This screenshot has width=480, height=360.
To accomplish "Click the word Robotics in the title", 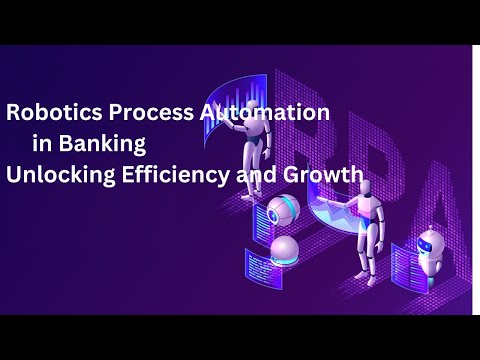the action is [x=54, y=112].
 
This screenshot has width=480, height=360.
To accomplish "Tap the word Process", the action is [x=151, y=112].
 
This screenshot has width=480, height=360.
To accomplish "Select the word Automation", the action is [x=265, y=112].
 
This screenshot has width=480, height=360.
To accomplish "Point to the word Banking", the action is [x=102, y=144].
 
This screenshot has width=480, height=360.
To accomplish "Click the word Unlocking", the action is [x=61, y=175].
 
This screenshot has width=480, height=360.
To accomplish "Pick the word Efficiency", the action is [x=176, y=175].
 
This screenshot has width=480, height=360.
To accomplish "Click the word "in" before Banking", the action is [x=42, y=143].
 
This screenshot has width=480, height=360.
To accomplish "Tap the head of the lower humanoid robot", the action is [x=366, y=188].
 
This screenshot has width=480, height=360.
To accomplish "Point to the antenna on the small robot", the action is [x=431, y=230].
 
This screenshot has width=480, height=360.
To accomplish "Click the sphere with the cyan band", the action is [x=283, y=210].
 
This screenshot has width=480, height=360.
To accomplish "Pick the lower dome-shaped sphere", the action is [x=284, y=251].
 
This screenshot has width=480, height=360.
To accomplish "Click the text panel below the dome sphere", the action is [x=264, y=269].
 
